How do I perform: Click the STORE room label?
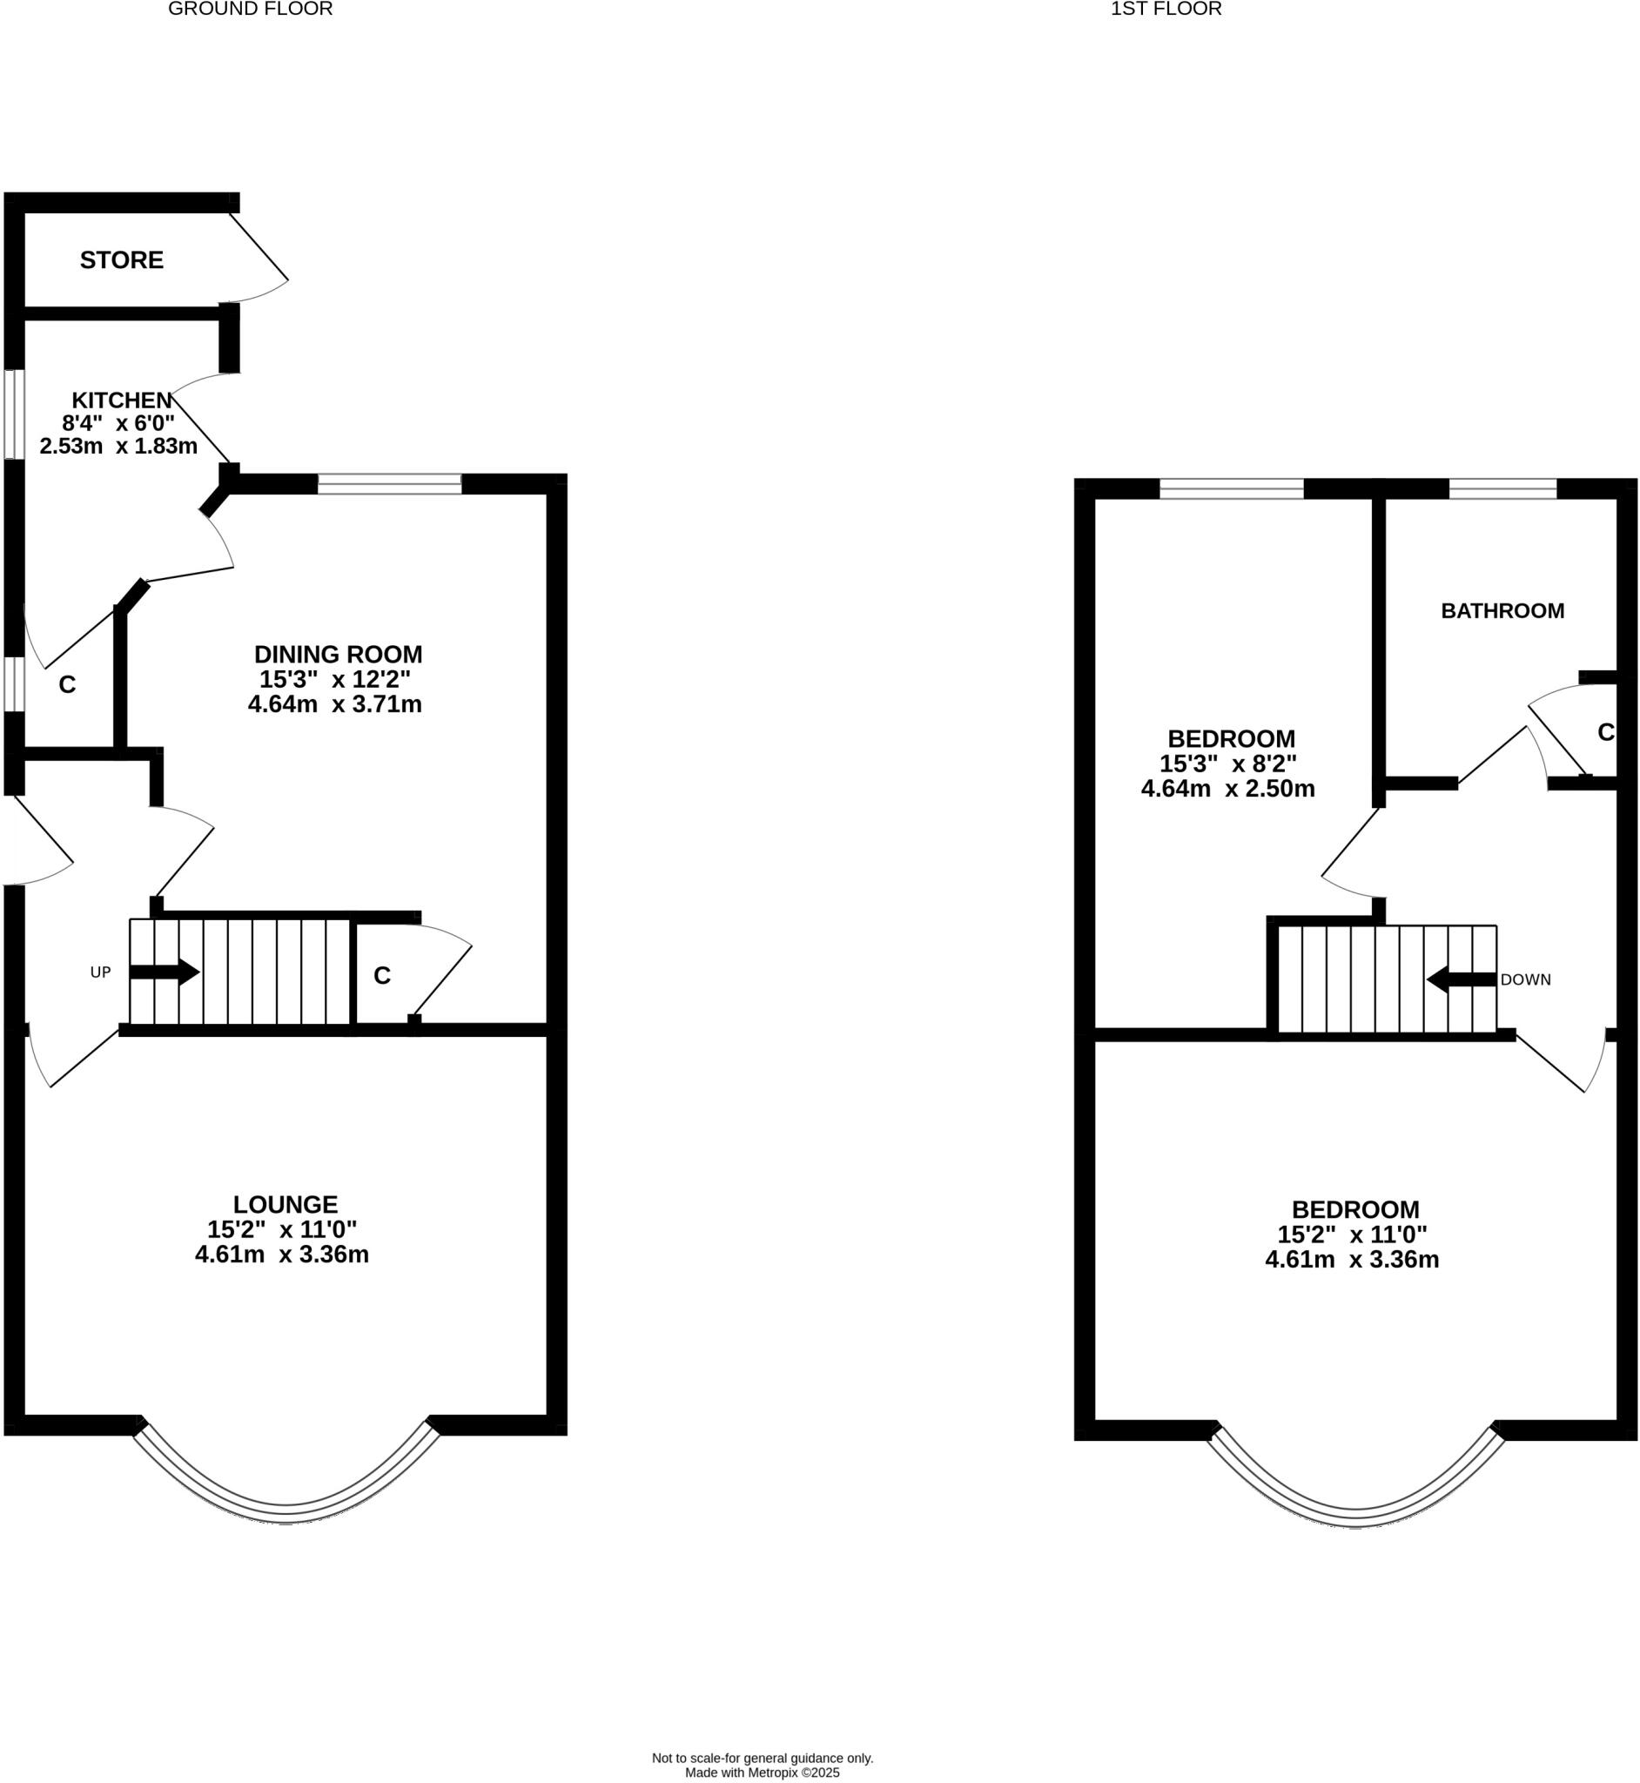[122, 260]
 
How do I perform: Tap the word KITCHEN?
[122, 400]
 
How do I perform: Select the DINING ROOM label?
[338, 654]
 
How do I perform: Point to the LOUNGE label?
[285, 1204]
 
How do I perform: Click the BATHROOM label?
[1502, 610]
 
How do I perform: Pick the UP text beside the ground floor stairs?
[100, 972]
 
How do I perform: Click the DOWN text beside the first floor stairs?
[1525, 979]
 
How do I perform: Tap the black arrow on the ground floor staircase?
[165, 972]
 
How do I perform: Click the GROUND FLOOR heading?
[250, 10]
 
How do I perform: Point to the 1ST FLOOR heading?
[1166, 10]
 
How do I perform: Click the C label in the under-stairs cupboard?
[381, 975]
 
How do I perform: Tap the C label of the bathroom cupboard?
[1605, 732]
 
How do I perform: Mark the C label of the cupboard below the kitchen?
[67, 684]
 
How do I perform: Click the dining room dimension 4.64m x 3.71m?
[334, 704]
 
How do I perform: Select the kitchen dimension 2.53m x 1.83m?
[118, 446]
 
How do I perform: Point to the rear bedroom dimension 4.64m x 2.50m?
[1227, 788]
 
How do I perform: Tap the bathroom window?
[1502, 488]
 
